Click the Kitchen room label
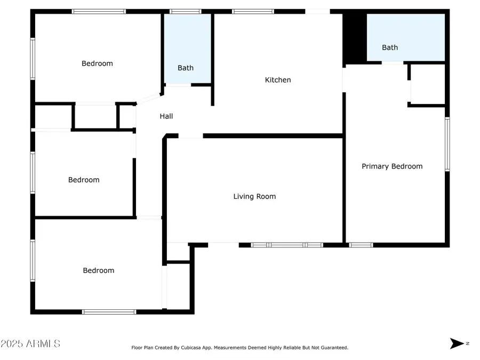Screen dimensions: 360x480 (x=278, y=80)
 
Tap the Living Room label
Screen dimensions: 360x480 (x=254, y=196)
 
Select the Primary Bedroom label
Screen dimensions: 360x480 (x=392, y=166)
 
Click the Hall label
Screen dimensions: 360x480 (x=166, y=116)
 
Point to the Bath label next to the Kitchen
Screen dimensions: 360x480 (x=186, y=68)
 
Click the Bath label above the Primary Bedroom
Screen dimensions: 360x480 (x=390, y=47)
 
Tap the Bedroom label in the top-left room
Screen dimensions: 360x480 (x=97, y=63)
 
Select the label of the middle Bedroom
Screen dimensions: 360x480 (x=84, y=180)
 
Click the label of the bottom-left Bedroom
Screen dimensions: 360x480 (x=99, y=270)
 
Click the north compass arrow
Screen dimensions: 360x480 (x=458, y=343)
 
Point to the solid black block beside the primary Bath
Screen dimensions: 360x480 (x=354, y=36)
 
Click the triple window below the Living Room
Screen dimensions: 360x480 (x=287, y=245)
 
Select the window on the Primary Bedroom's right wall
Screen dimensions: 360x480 (x=447, y=144)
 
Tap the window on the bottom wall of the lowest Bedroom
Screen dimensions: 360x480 (x=109, y=311)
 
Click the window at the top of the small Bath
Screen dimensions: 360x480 (x=185, y=11)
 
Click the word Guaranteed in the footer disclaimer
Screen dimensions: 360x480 (x=332, y=348)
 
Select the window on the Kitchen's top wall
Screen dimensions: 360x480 (x=253, y=11)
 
